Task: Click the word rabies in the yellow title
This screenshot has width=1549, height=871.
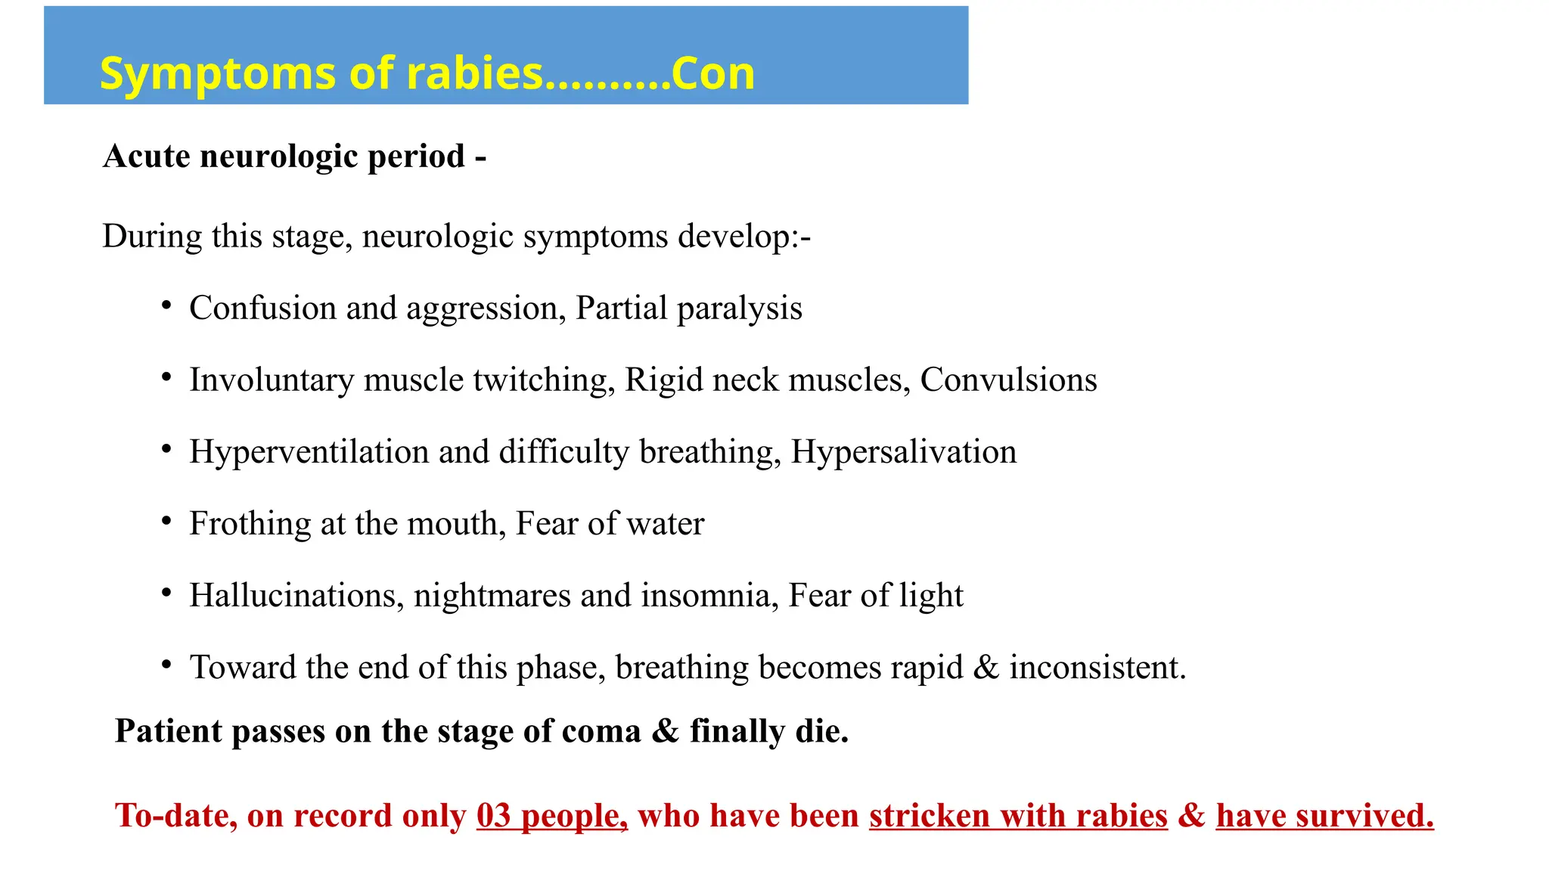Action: pos(475,74)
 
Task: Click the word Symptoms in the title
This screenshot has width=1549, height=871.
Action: pos(218,76)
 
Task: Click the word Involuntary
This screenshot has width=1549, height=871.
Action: pos(272,380)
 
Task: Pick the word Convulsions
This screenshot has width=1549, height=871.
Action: pos(1008,380)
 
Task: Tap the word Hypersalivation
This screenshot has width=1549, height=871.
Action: pos(904,452)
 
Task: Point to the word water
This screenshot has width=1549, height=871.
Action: pos(672,524)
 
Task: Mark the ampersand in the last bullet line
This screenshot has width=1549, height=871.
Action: pos(986,668)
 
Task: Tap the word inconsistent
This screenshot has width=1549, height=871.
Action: pos(1097,668)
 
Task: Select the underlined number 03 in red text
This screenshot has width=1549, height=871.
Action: pos(494,816)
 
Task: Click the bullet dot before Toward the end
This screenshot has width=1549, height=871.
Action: pos(166,665)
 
